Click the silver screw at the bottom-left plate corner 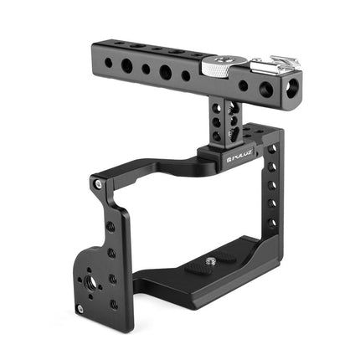pos(80,308)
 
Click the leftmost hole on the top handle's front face pos(109,58)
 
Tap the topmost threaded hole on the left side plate pos(111,226)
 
